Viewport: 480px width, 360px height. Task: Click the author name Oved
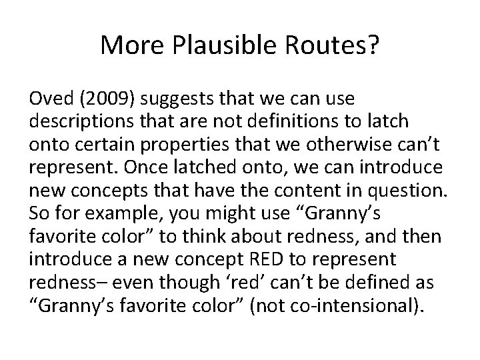[x=49, y=99]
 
